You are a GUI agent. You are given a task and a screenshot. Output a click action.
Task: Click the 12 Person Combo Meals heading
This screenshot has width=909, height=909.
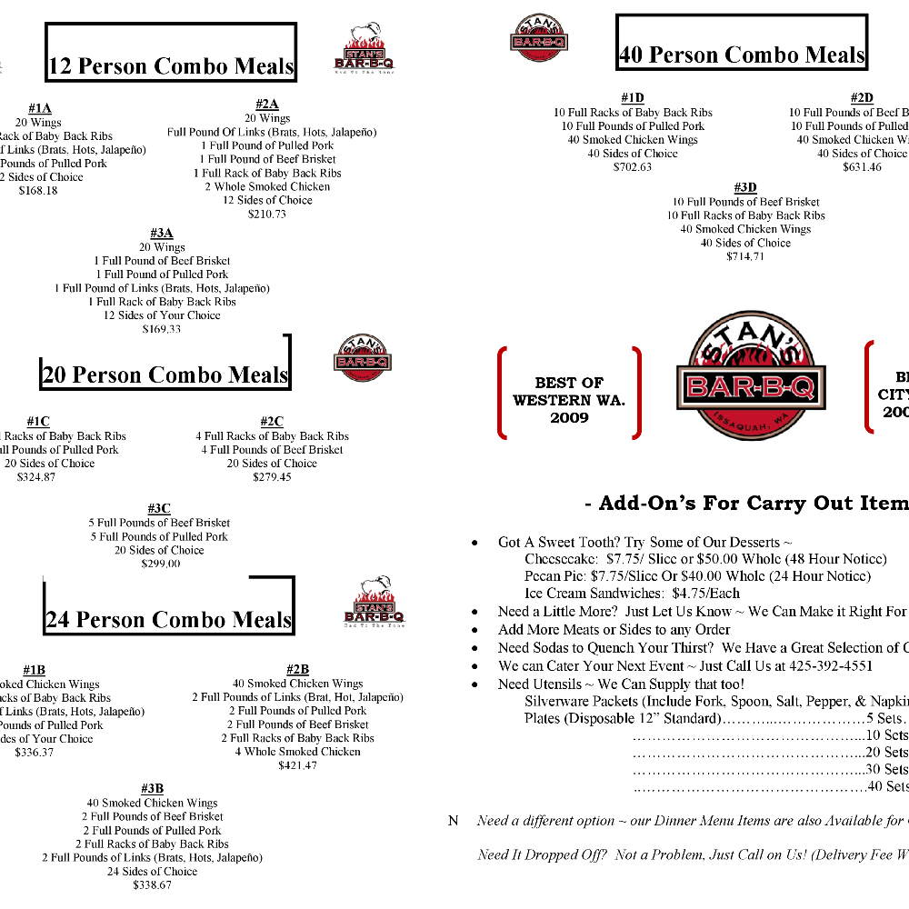point(171,66)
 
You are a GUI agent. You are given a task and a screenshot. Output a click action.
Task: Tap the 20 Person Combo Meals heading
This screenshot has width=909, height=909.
point(165,375)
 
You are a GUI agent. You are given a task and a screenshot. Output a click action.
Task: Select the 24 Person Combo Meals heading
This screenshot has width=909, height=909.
point(169,620)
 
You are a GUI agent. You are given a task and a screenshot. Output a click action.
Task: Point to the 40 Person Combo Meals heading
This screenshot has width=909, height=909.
point(741,55)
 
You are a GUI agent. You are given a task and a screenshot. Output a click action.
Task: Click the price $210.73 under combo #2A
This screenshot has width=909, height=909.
point(267,215)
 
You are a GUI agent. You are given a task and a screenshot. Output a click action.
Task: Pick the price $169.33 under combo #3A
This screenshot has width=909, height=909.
point(162,329)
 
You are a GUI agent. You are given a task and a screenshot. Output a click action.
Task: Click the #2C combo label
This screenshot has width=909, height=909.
point(272,422)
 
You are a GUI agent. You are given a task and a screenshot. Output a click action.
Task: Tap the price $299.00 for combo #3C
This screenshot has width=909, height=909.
point(161,564)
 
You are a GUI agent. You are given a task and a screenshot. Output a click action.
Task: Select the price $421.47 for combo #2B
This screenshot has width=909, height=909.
point(297,765)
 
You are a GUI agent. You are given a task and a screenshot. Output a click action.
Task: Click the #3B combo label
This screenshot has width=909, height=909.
point(152,788)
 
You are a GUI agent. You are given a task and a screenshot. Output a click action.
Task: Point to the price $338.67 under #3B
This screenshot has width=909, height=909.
point(152,884)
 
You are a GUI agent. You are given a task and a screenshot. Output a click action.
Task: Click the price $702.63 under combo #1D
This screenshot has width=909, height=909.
point(633,167)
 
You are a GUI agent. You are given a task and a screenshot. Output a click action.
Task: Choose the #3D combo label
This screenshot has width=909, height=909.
point(745,188)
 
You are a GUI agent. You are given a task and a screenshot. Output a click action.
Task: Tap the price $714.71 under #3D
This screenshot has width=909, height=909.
point(745,256)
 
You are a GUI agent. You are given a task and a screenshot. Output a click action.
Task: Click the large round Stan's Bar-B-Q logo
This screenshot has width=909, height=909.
point(751,376)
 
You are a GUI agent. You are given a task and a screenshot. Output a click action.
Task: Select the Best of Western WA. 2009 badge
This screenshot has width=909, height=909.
point(569,400)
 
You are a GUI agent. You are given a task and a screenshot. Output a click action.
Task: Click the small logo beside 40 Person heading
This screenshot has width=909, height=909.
point(539,37)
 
